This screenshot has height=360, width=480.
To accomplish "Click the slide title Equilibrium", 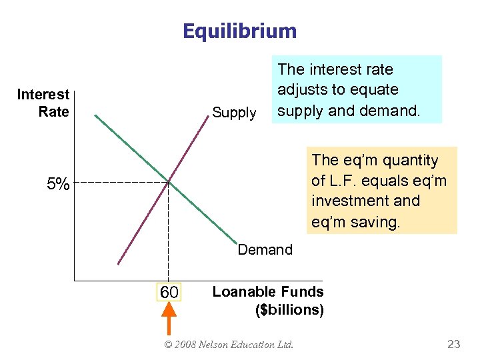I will (x=240, y=31).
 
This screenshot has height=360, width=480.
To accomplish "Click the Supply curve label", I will (x=233, y=113).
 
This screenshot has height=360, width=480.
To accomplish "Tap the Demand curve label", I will (x=265, y=249).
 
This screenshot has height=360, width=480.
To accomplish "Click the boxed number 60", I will (x=169, y=292).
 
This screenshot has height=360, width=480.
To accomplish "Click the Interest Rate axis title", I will (x=43, y=103).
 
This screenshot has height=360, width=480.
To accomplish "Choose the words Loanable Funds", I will (x=267, y=291).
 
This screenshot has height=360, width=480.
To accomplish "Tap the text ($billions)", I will (x=290, y=309).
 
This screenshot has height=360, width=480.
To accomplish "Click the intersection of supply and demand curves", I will (x=169, y=181).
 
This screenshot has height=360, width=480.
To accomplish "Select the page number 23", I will (x=453, y=344).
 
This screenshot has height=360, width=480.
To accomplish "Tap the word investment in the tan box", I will (x=365, y=201).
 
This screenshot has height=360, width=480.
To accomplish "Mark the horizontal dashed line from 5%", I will (x=120, y=182).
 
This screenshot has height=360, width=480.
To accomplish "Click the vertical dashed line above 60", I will (x=169, y=233).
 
